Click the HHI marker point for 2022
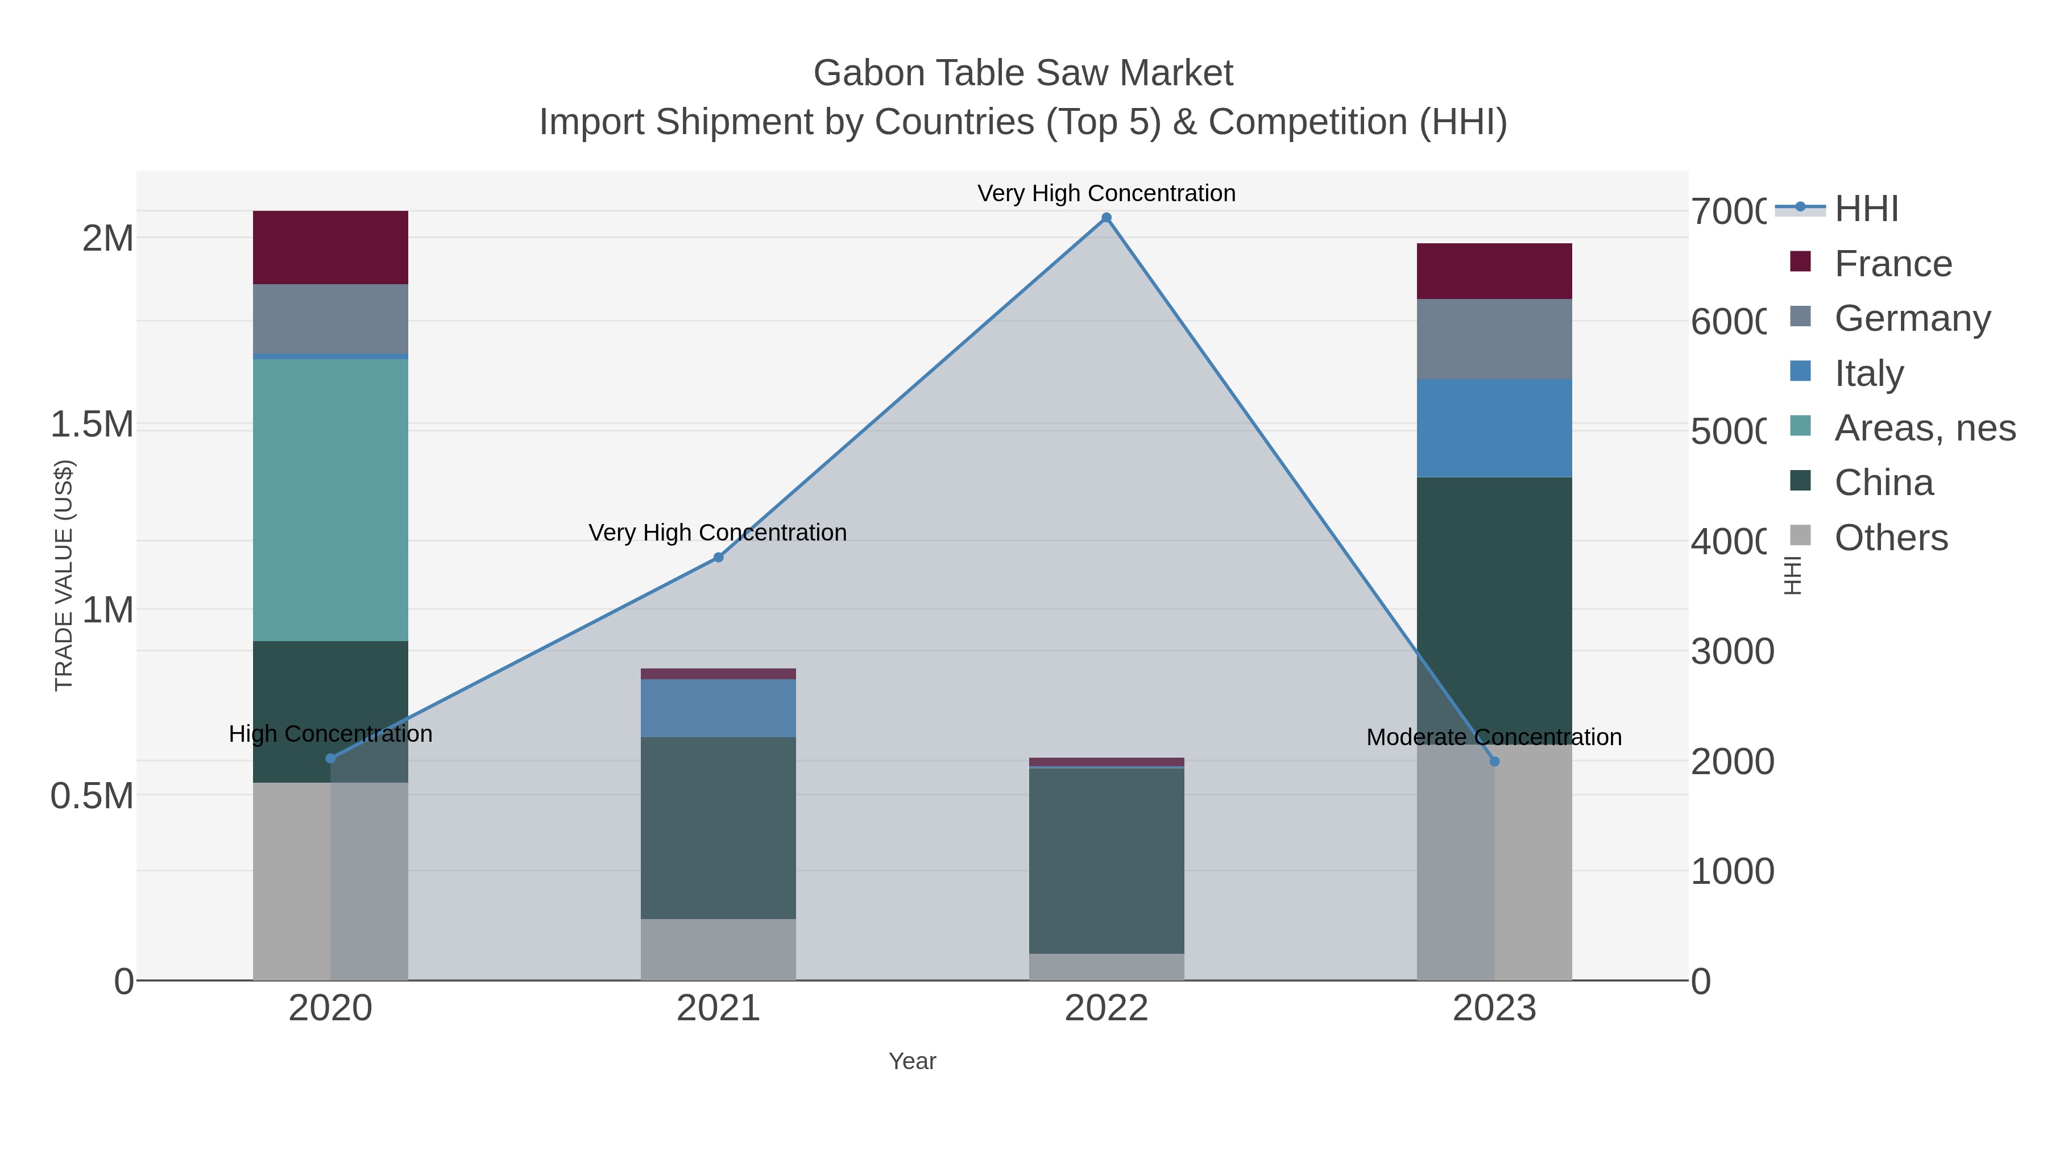(1106, 218)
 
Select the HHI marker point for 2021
(718, 558)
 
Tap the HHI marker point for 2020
(330, 759)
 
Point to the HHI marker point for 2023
(1494, 762)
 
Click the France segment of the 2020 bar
(330, 248)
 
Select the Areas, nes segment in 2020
(330, 500)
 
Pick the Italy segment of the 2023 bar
(1494, 428)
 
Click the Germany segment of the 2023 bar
(1494, 339)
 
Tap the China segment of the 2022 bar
(1106, 861)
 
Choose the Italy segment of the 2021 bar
(718, 708)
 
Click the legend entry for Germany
(1912, 318)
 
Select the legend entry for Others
(1891, 538)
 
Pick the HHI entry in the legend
(1866, 209)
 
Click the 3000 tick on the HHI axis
(1733, 651)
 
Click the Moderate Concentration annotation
(1494, 737)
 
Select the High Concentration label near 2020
(330, 734)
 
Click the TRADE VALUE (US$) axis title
(64, 575)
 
